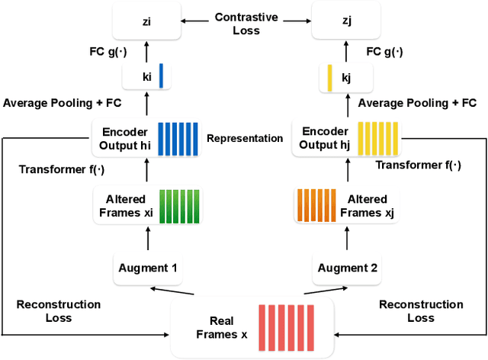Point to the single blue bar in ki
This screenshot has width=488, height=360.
(161, 77)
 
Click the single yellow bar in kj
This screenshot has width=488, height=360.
(329, 77)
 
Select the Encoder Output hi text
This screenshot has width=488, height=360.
(123, 138)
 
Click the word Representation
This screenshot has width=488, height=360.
(243, 139)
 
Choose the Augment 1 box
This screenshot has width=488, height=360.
(147, 267)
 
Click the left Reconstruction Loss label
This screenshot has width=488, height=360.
(59, 311)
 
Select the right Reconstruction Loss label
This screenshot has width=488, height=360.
(421, 311)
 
